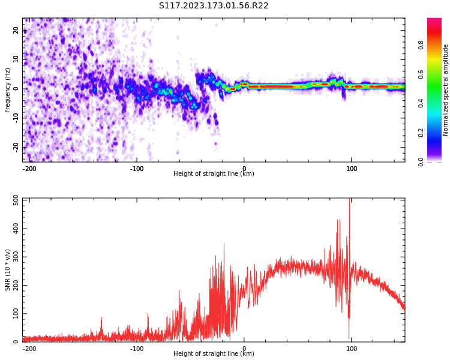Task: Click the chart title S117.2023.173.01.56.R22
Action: click(x=214, y=6)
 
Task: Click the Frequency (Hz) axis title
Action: click(x=8, y=90)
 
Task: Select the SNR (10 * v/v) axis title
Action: click(x=8, y=270)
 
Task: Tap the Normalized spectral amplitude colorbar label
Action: click(x=446, y=90)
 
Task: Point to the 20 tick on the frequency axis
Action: click(x=15, y=31)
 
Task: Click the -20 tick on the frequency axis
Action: click(x=15, y=146)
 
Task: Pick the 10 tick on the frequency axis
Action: click(x=15, y=59)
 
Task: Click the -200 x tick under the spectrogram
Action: click(x=29, y=169)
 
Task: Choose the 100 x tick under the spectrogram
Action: click(x=351, y=169)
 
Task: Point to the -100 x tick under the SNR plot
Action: click(x=137, y=349)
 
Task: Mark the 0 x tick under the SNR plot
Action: click(x=244, y=349)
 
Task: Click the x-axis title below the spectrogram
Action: click(x=214, y=174)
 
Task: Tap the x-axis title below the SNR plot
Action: click(x=214, y=354)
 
